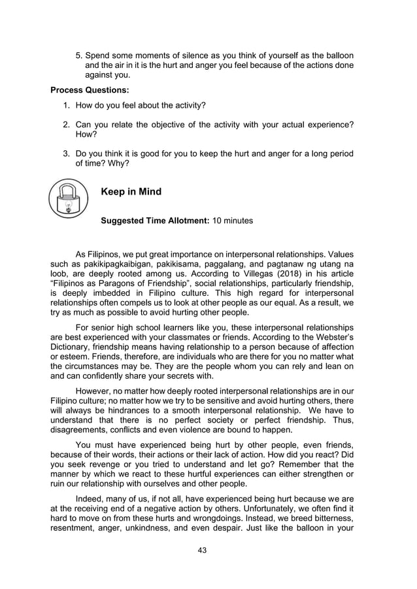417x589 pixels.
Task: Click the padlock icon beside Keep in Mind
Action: coord(68,199)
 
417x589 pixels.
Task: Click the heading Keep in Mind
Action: coord(131,192)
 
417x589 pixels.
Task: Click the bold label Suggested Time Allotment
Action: coord(154,221)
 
